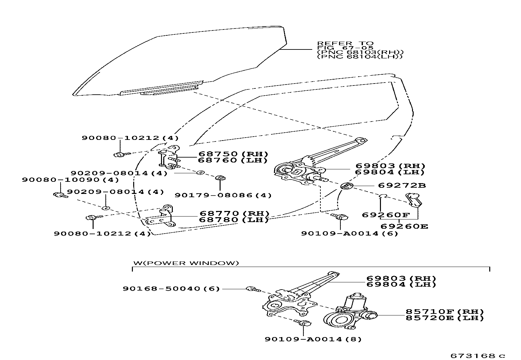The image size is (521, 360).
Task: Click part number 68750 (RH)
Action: coord(233,154)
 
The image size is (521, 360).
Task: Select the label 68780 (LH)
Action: coord(234,220)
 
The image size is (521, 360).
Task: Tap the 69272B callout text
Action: coord(402,185)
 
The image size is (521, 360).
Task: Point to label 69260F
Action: coord(386,215)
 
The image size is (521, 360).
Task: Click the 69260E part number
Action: coord(404,226)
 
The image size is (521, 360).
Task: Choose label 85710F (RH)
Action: coord(444,312)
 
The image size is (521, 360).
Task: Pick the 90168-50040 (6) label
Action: coord(171,289)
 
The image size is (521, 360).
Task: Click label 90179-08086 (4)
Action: coord(223,195)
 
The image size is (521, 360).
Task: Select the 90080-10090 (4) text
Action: coord(70,180)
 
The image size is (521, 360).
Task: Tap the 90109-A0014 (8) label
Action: coord(313,339)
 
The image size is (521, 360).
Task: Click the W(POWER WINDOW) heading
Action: coord(186,263)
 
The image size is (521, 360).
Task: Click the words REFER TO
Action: coord(345,43)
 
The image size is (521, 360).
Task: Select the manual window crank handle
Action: coord(413,200)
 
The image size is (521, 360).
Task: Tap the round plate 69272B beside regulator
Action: coord(346,186)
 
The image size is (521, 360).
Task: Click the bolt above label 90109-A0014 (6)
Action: coord(340,217)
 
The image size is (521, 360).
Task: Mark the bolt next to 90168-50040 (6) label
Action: coord(252,289)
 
